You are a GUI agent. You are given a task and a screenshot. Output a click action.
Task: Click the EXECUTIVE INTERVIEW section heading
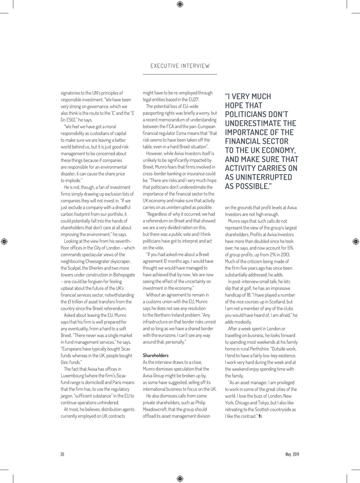point(180,66)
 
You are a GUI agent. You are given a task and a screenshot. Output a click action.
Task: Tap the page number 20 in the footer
point(62,454)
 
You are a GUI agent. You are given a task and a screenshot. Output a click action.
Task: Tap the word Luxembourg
point(75,376)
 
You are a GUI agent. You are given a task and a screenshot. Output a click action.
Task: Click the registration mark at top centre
point(180,4)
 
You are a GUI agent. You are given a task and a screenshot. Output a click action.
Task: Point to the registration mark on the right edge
point(355,242)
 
